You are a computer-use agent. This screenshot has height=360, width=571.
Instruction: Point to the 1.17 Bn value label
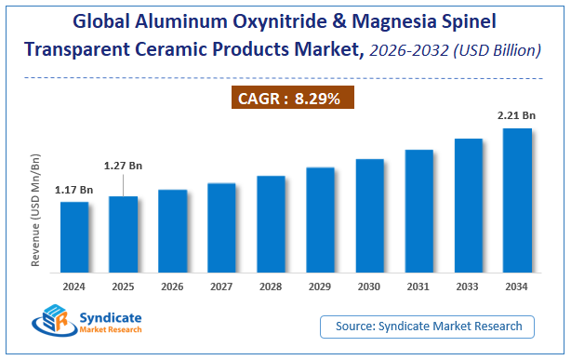click(x=74, y=190)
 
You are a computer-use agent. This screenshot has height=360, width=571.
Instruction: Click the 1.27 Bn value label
click(x=123, y=167)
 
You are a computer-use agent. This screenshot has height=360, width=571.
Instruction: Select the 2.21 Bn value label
click(x=517, y=115)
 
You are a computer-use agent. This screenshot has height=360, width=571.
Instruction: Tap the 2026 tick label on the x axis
click(x=172, y=287)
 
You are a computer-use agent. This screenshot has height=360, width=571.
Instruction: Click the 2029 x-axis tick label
click(x=320, y=287)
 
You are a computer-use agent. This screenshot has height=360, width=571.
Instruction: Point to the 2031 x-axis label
click(x=418, y=287)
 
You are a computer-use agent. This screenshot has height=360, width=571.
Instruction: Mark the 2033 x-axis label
click(x=468, y=287)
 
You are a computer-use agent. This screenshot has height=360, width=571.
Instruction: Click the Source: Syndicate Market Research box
click(x=434, y=326)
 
